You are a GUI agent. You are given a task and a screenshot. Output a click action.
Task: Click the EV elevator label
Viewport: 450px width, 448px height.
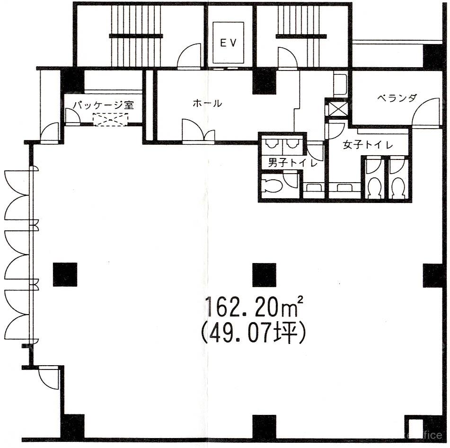pyautogui.click(x=228, y=43)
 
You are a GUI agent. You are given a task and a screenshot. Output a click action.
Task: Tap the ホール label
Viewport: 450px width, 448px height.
pyautogui.click(x=208, y=103)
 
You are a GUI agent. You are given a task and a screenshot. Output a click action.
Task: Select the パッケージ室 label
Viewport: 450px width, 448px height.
pyautogui.click(x=103, y=105)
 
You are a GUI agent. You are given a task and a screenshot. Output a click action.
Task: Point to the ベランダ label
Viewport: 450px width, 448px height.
pyautogui.click(x=397, y=98)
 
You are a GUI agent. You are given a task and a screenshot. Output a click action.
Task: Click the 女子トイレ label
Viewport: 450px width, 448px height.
pyautogui.click(x=368, y=145)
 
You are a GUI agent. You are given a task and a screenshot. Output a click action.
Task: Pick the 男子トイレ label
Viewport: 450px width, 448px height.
pyautogui.click(x=293, y=163)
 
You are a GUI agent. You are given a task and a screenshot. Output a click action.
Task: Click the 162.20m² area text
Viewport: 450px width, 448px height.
pyautogui.click(x=254, y=307)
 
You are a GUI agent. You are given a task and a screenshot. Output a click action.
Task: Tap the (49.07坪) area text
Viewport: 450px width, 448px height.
pyautogui.click(x=254, y=333)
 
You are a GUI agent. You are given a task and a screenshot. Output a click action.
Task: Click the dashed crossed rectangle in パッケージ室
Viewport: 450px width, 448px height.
pyautogui.click(x=111, y=119)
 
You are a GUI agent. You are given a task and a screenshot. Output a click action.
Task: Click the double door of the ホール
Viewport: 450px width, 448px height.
pyautogui.click(x=198, y=130)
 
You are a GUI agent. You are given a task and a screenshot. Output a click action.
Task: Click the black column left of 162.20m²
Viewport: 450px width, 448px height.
pyautogui.click(x=65, y=275)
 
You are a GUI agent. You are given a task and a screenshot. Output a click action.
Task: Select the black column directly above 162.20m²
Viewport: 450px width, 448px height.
pyautogui.click(x=265, y=275)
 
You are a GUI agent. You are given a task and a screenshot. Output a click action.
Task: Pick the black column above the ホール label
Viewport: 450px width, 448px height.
pyautogui.click(x=265, y=82)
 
